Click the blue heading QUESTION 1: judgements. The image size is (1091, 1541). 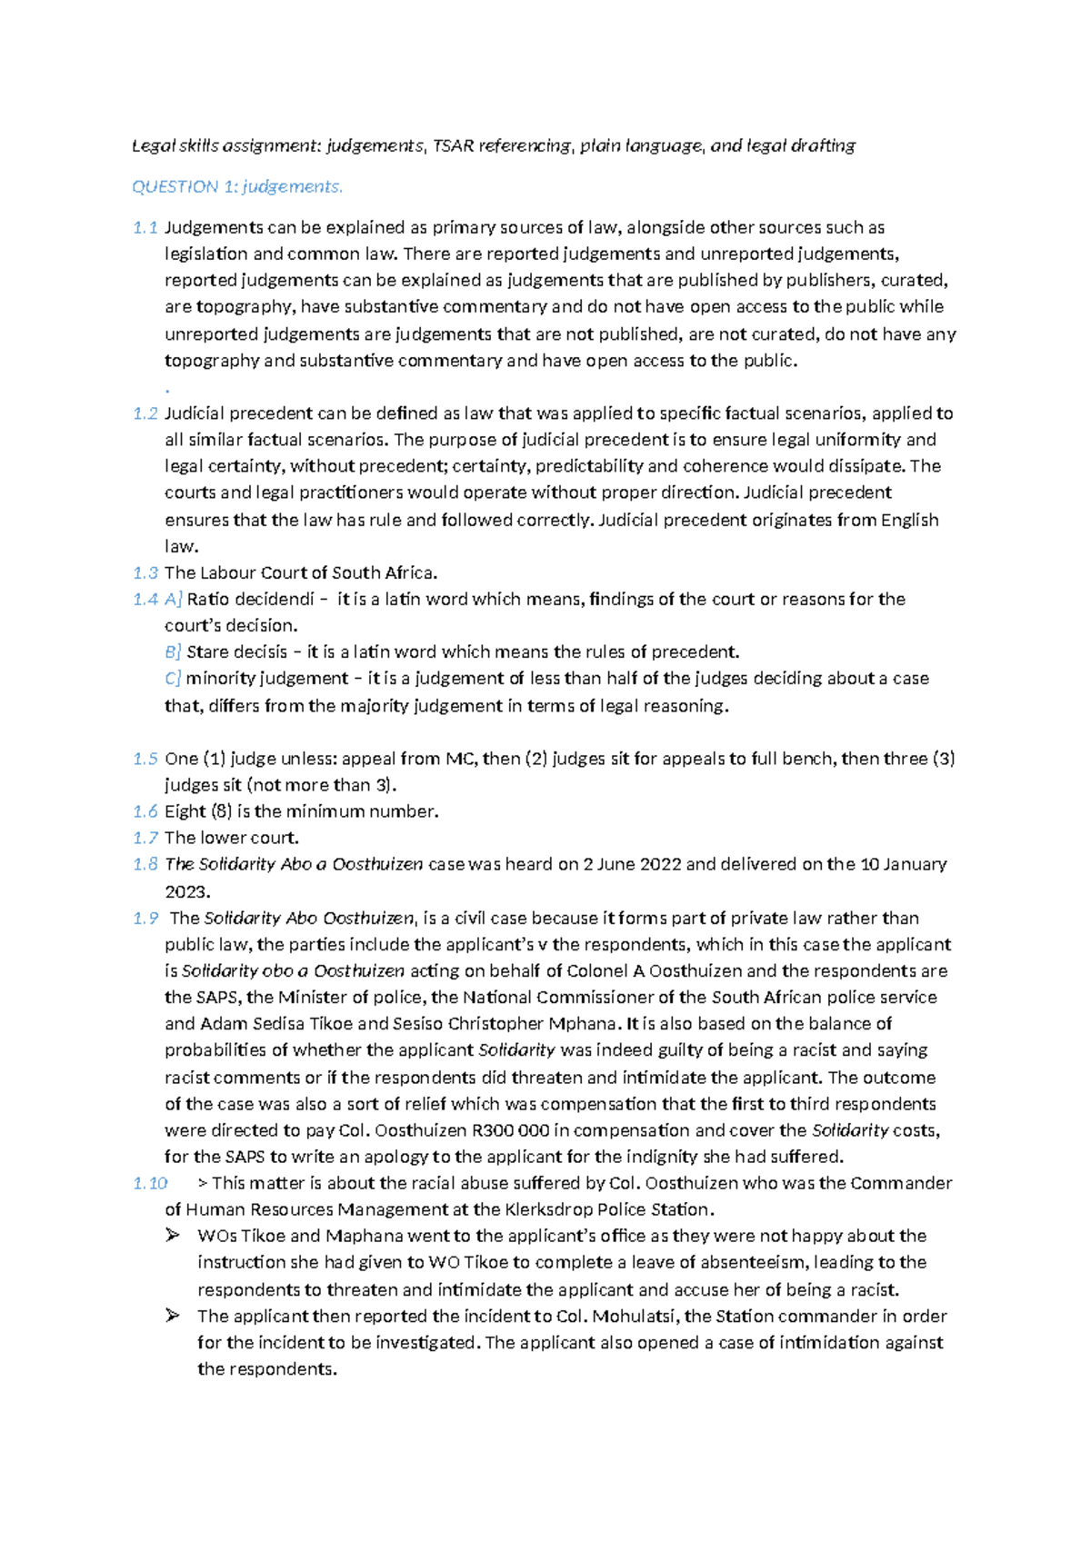coord(237,186)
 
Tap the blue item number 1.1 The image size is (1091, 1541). coord(145,227)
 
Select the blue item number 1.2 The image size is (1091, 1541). coord(145,413)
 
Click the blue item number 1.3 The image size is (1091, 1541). coord(145,572)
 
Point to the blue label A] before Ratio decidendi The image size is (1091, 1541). coord(174,599)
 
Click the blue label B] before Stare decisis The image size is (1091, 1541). coord(174,651)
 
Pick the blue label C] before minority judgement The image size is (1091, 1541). coord(174,678)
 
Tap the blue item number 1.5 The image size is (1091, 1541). coord(145,759)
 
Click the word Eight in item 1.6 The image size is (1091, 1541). coord(185,811)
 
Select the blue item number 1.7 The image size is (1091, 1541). coord(145,838)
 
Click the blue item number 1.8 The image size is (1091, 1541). coord(145,864)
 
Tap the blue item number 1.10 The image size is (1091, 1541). coord(150,1183)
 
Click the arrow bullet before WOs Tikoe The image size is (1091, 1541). coord(173,1236)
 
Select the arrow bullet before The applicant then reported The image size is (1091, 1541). coord(173,1316)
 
